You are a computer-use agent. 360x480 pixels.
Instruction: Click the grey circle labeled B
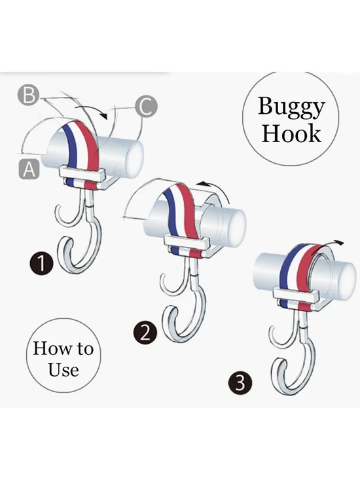click(x=28, y=95)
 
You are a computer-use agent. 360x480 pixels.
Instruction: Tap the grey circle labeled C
click(x=147, y=107)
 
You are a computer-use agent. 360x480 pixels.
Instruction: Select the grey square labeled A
click(x=29, y=169)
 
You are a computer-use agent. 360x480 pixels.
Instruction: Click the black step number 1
click(x=41, y=263)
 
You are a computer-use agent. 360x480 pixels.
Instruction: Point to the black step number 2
click(x=145, y=333)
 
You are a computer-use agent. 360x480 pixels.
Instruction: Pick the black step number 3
click(x=240, y=382)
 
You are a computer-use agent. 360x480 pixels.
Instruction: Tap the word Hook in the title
click(x=291, y=134)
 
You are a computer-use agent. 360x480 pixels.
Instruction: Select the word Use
click(x=63, y=369)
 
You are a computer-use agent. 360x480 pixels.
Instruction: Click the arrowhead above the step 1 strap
click(x=104, y=116)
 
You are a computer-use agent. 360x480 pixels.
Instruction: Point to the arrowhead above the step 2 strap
click(x=201, y=183)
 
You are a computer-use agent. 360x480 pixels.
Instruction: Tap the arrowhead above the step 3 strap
click(x=340, y=243)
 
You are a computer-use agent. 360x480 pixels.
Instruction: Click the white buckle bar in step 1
click(x=82, y=174)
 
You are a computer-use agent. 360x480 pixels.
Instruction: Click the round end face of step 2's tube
click(x=237, y=227)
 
